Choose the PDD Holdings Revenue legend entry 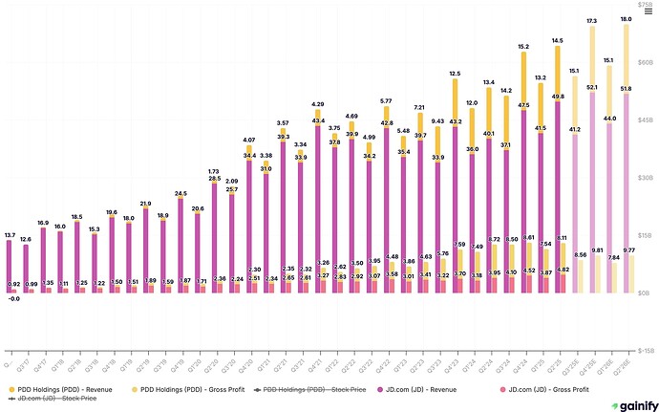coord(57,390)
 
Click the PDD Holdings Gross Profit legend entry coord(189,390)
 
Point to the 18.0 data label coord(626,19)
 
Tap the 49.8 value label coord(558,96)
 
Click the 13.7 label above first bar coord(10,234)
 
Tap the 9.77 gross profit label coord(630,250)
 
